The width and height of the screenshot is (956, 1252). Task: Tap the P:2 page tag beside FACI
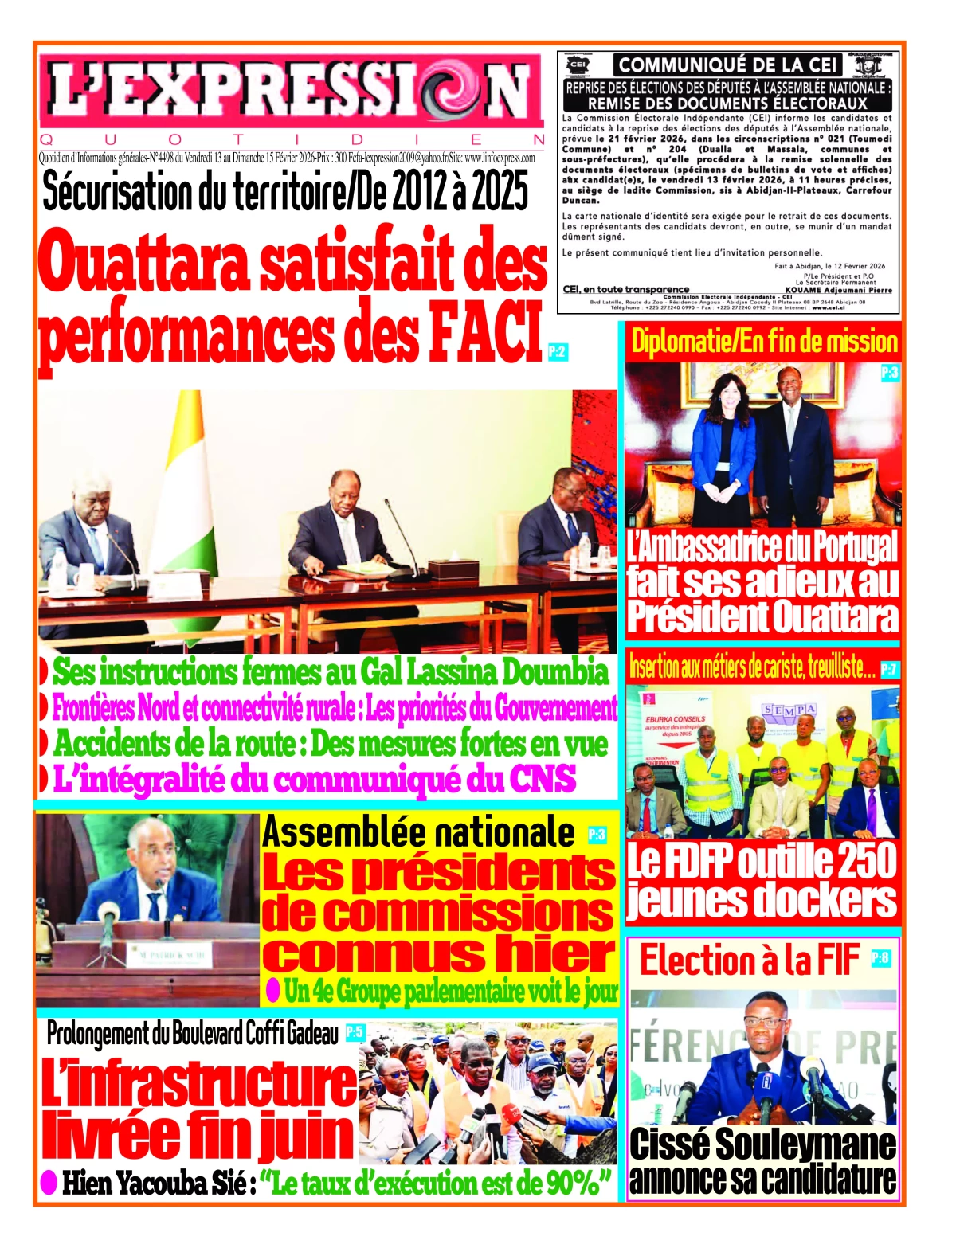tap(558, 350)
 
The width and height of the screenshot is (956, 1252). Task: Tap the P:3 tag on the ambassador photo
tap(889, 372)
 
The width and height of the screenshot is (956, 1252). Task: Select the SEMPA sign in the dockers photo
tap(789, 709)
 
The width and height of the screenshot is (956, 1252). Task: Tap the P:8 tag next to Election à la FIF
tap(880, 957)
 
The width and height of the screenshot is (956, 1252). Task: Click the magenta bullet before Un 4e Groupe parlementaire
tap(272, 990)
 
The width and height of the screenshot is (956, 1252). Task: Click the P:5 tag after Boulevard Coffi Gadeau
tap(354, 1033)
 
